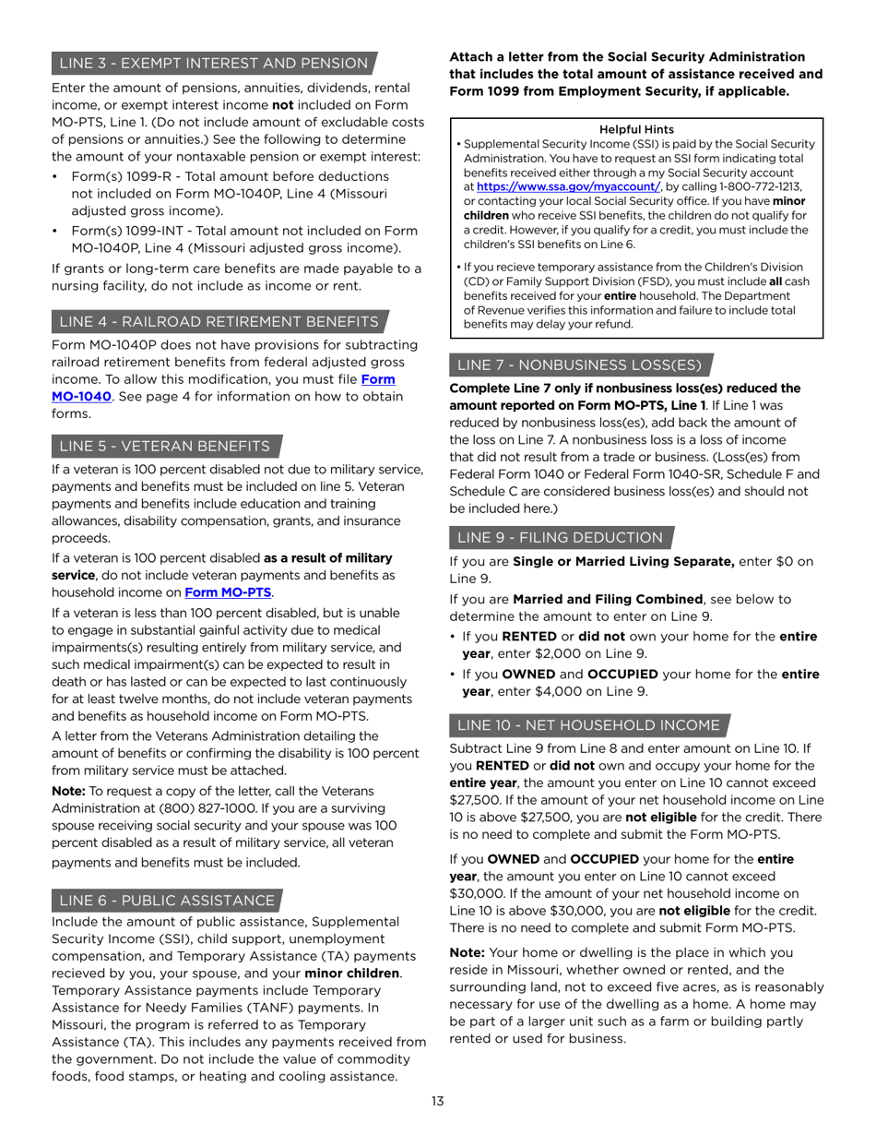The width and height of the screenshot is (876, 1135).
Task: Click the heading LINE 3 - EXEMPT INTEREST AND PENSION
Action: tap(213, 63)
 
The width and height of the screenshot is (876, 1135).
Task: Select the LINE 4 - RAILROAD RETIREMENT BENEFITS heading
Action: tap(219, 321)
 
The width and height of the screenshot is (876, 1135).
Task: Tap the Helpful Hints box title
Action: tap(635, 130)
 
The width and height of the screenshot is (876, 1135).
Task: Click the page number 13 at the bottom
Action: tap(437, 1100)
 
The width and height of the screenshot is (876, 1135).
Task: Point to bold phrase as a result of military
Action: tap(328, 558)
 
